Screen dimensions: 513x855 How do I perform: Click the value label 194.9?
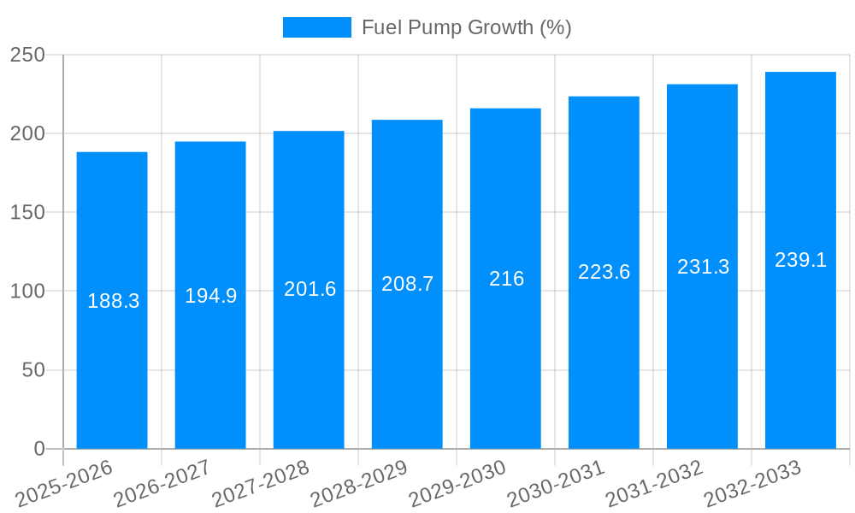coord(211,296)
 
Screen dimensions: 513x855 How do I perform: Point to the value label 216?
coord(506,279)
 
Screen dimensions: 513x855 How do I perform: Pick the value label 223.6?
coord(604,272)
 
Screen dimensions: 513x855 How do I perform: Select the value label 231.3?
coord(703,267)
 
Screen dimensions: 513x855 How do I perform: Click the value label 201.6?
coord(310,289)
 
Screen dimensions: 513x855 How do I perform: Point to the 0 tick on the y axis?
coord(39,449)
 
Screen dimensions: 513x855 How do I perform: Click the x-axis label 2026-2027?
coord(162,484)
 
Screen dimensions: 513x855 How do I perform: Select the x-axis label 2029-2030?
coord(457,484)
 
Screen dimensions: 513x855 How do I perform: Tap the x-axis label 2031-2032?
coord(654,484)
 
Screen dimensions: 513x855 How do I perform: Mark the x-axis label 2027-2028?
coord(261,484)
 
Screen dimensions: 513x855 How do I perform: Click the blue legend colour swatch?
coord(316,27)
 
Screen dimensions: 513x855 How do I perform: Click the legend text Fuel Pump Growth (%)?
coord(466,27)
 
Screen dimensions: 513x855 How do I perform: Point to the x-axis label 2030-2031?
coord(556,484)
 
